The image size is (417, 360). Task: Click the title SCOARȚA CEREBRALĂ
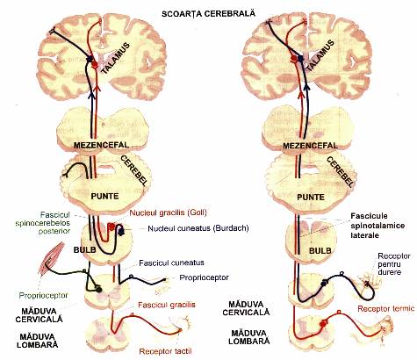coord(209,13)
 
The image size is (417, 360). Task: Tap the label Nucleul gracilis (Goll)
coord(169,212)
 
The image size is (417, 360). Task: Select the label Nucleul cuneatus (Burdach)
coord(198,228)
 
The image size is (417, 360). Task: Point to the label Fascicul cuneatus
coord(171,263)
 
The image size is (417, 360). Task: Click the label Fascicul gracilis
coord(167,305)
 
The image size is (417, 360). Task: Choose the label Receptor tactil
coord(165,351)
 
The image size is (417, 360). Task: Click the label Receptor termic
coord(386,309)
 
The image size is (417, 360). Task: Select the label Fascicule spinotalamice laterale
coord(377,226)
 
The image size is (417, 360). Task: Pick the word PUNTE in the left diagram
coord(104,196)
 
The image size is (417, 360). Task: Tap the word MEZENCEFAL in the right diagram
coord(310,146)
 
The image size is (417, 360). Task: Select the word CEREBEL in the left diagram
coord(133,170)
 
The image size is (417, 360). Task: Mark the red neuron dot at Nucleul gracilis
coord(111,227)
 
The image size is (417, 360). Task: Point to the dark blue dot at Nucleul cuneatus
coord(120,232)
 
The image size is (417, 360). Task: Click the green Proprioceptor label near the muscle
coord(43,296)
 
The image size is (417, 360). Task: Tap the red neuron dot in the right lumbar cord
coord(323,324)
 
